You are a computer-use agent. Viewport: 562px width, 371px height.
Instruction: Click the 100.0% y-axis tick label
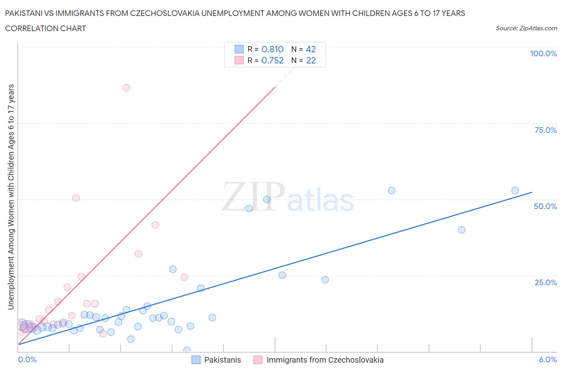point(543,53)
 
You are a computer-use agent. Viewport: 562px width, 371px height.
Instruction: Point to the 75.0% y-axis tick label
point(546,130)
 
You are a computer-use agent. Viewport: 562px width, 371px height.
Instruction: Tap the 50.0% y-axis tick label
point(545,206)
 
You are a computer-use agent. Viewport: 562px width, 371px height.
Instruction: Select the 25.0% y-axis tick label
point(546,282)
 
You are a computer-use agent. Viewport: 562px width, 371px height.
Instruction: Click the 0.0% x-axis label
point(27,359)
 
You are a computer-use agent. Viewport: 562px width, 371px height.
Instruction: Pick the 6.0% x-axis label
point(548,359)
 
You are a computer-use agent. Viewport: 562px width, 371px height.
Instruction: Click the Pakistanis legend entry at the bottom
point(222,360)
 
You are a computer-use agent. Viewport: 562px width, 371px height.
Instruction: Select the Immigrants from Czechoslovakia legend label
point(325,360)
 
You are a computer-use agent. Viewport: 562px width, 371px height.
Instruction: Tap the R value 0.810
point(272,49)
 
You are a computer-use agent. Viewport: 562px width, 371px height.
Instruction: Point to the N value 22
point(311,60)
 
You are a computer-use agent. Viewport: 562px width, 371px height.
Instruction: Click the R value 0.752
point(272,60)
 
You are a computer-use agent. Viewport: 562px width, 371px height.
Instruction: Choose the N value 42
point(311,49)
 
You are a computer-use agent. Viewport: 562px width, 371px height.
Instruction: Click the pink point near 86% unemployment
point(126,88)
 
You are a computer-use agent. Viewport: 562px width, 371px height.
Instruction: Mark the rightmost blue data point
point(515,191)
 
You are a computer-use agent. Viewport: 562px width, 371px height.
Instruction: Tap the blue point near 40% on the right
point(461,230)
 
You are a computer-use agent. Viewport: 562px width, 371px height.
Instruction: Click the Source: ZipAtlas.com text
point(526,28)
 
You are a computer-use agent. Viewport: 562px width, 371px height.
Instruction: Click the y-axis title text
point(11,197)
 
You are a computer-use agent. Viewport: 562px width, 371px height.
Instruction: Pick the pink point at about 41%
point(155,225)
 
